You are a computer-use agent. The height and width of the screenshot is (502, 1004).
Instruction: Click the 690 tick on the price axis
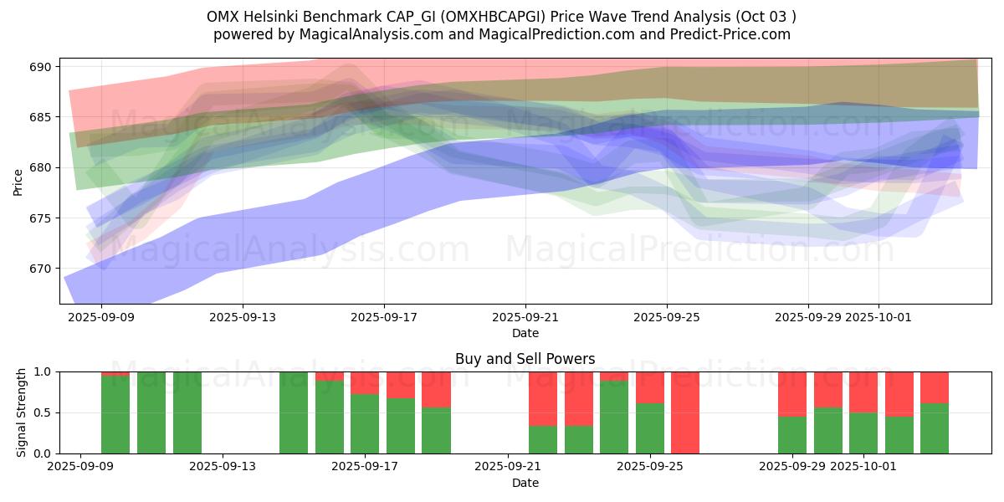tap(42, 67)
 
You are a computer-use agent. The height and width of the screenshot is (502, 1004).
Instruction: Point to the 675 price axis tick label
tap(42, 218)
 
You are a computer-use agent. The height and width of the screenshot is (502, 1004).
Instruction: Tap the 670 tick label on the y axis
tap(42, 269)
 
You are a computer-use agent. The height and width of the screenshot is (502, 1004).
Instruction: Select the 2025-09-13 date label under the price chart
tap(243, 317)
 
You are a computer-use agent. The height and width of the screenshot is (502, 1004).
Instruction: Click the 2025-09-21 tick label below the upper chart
tap(525, 317)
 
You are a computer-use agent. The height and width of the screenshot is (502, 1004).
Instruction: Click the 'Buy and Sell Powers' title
tap(525, 359)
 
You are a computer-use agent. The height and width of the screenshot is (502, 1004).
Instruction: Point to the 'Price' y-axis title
tap(18, 182)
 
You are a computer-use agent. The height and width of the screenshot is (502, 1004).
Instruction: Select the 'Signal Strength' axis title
tap(22, 412)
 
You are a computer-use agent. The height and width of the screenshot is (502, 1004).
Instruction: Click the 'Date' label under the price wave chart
tap(525, 333)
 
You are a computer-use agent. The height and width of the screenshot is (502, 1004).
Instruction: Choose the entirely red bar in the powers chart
tap(685, 412)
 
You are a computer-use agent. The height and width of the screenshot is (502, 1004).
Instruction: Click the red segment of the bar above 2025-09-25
tap(650, 387)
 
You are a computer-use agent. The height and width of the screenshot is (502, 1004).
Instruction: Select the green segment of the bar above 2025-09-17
tap(365, 424)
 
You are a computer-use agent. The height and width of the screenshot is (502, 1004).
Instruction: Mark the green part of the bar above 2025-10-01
tap(863, 433)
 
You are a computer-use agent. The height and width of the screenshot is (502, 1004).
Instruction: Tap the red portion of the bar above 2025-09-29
tap(792, 393)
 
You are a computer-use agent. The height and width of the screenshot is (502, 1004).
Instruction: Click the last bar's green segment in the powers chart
tap(935, 428)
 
